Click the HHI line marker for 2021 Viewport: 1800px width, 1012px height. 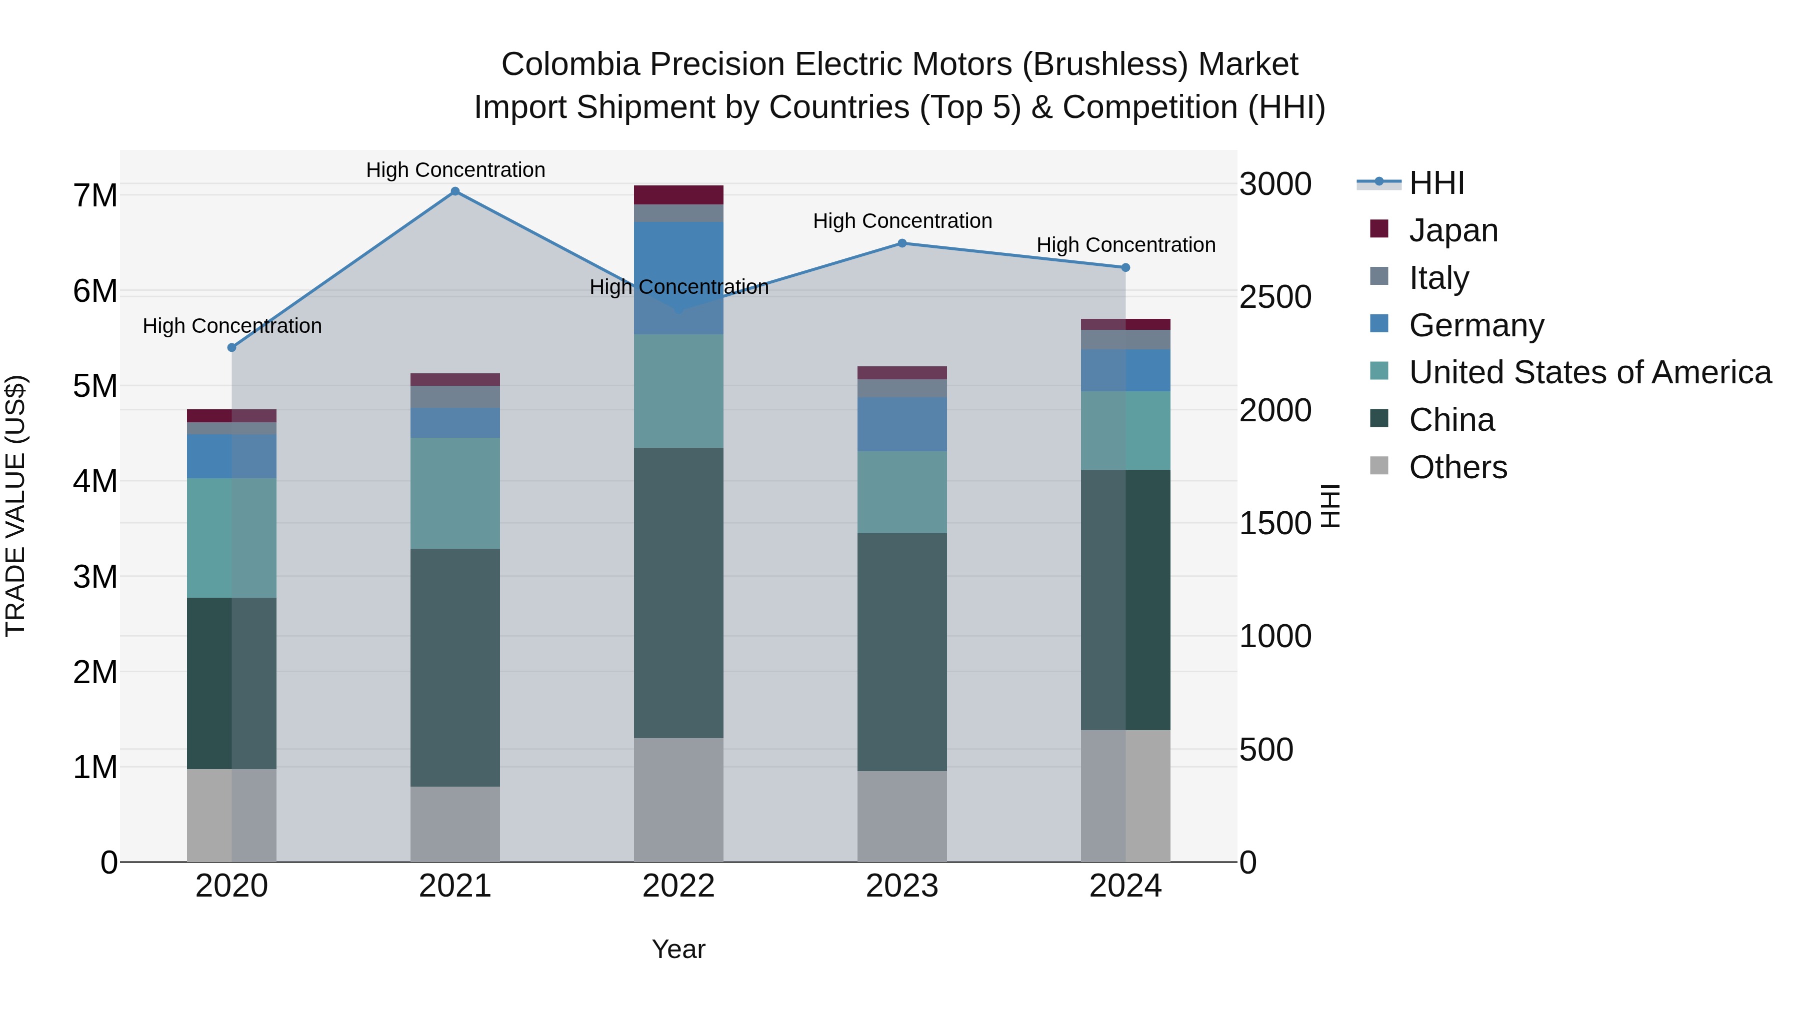455,191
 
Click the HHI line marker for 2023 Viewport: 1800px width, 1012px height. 901,243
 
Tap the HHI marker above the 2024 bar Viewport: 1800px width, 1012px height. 1125,267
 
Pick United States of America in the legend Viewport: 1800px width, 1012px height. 1589,372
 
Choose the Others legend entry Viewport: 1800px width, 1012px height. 1457,467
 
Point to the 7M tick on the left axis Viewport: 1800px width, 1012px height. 95,195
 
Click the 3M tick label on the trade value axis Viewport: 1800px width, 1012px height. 95,577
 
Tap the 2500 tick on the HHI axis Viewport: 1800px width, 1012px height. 1275,297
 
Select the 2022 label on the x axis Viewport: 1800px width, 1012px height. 678,886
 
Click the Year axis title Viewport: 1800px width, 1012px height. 678,949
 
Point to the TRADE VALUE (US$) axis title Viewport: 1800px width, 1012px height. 15,506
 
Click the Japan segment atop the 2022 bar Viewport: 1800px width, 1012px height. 678,195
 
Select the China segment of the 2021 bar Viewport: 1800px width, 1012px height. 455,667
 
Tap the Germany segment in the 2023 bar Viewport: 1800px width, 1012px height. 901,424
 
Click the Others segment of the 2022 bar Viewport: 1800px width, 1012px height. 678,800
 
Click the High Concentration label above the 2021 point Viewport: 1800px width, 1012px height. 455,170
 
